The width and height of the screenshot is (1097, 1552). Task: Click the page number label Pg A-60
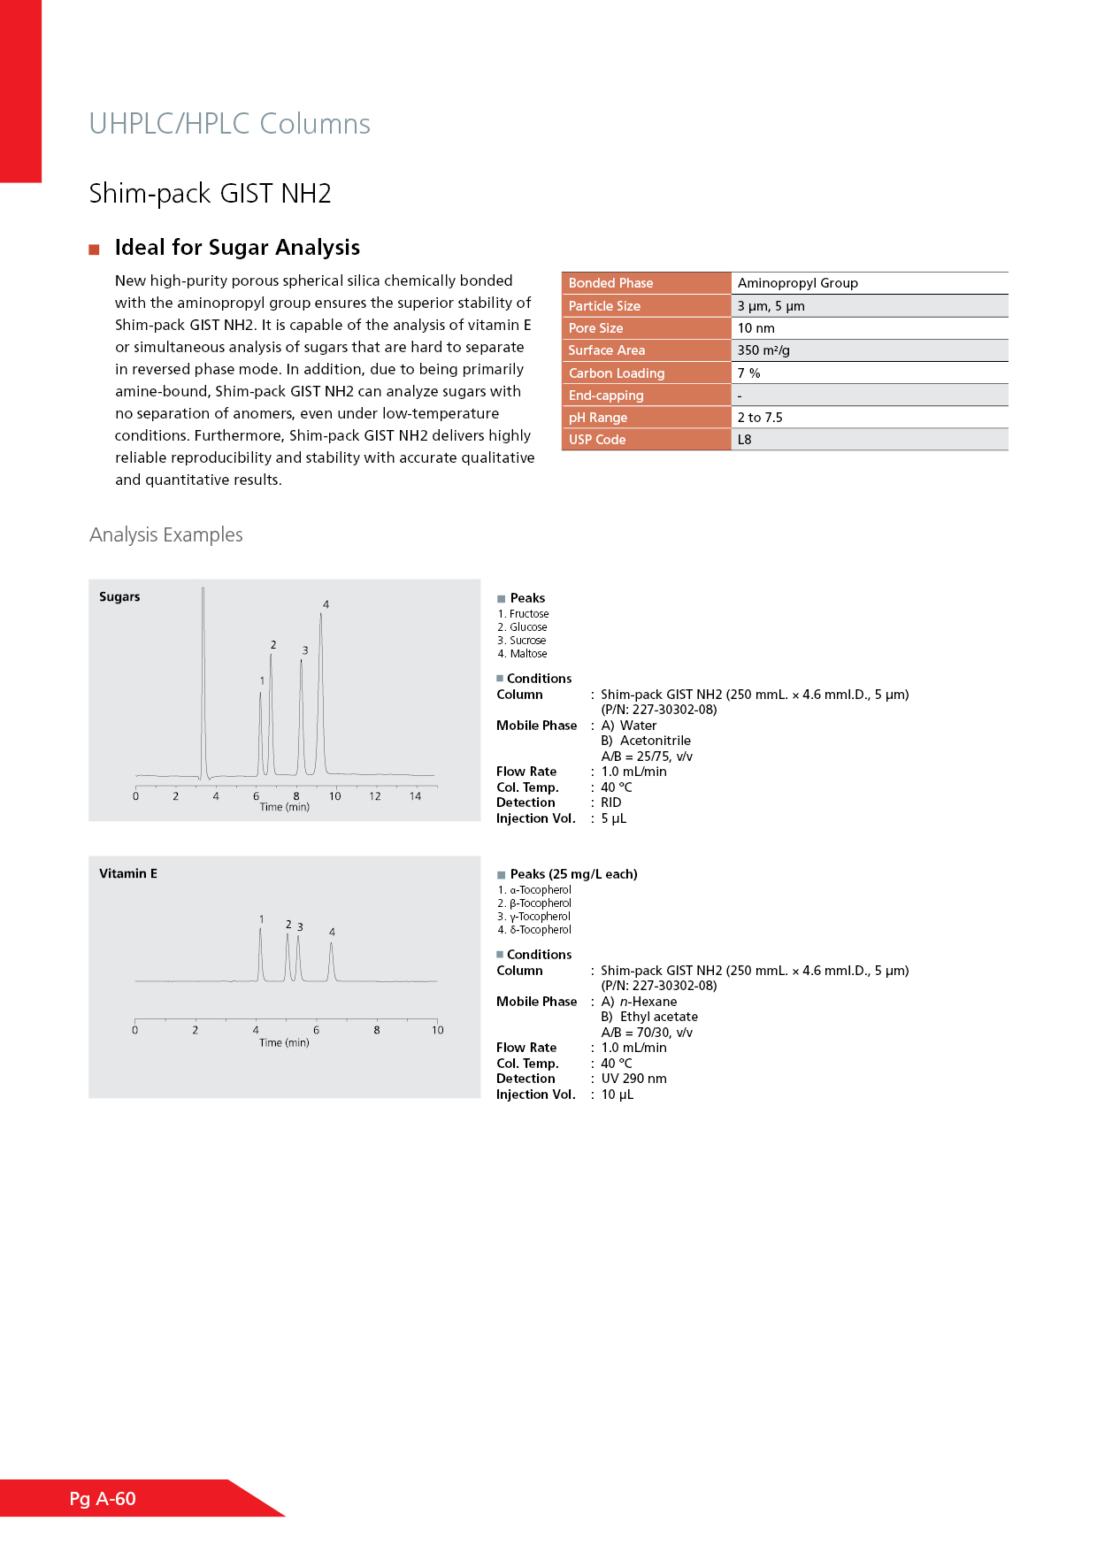tap(103, 1498)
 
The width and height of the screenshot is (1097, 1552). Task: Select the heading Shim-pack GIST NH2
tap(210, 193)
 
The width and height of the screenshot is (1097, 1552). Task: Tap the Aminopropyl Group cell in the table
tap(797, 283)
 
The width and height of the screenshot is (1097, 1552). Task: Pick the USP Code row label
tap(597, 440)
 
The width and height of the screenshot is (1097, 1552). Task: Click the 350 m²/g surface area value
tap(763, 350)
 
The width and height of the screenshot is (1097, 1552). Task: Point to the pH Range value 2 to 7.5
tap(760, 418)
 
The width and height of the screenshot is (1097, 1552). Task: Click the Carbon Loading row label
tap(617, 373)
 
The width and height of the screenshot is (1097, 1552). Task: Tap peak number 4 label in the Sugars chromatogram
tap(326, 604)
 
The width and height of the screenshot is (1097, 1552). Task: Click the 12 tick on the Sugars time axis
tap(375, 796)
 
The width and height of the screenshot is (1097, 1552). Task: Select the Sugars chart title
tap(119, 596)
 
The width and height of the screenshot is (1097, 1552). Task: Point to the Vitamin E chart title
tap(128, 873)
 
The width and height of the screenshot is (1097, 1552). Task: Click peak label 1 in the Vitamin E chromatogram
tap(262, 919)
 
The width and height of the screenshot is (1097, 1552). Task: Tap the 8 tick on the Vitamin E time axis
tap(377, 1030)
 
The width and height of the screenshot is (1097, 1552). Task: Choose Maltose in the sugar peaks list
tap(528, 654)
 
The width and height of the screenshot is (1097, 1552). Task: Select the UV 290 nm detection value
tap(633, 1079)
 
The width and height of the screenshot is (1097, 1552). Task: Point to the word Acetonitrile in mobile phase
tap(655, 741)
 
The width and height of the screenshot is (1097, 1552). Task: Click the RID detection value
tap(610, 803)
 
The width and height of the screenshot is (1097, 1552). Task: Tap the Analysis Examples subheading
tap(166, 534)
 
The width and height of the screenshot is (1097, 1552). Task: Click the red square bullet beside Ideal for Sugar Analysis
tap(94, 250)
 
